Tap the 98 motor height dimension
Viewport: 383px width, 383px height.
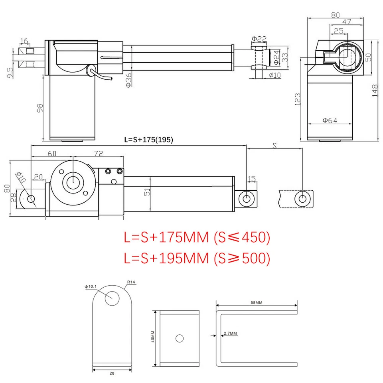39,108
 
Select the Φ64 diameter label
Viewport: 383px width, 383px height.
330,120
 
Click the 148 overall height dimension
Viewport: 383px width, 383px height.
374,91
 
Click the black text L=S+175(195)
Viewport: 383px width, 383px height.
148,140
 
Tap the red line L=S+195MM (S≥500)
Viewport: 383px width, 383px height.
197,258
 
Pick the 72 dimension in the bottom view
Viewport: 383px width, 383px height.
98,153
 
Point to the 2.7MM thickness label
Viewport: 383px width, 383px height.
230,333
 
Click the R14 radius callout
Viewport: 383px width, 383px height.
131,282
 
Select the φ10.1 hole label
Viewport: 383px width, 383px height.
91,286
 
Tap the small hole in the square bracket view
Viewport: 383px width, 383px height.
180,338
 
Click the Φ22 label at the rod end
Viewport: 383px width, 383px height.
259,39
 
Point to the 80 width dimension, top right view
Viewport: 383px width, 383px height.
335,15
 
